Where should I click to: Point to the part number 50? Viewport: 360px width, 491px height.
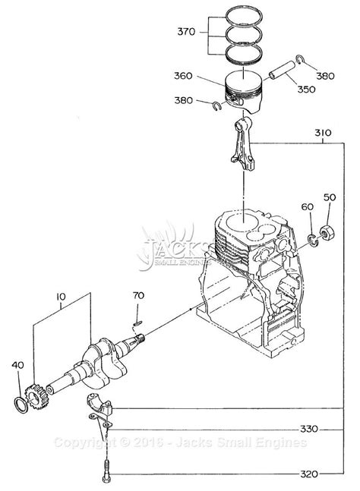(x=329, y=197)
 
